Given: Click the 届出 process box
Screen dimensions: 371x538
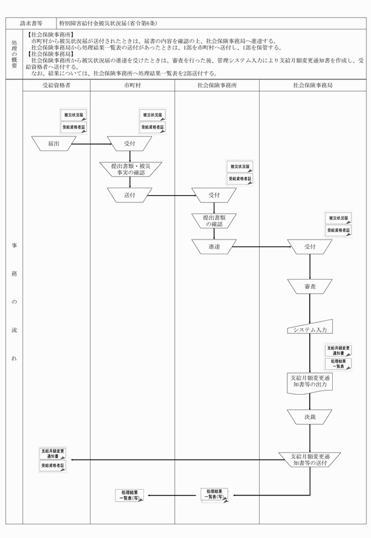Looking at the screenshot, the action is tap(54, 144).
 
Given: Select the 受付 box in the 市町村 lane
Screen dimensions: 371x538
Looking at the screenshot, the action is tap(130, 144).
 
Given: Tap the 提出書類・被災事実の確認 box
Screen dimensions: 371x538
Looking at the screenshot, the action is tap(131, 169).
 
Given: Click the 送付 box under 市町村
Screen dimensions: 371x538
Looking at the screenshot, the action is tap(130, 195).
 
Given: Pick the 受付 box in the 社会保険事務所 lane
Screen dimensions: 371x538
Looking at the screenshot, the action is tap(214, 195).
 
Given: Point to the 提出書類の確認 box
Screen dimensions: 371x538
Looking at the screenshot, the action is tap(214, 221).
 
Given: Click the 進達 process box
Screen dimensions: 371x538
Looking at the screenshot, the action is tap(214, 247).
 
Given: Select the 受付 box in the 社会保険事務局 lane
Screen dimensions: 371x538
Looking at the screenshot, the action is tap(310, 247).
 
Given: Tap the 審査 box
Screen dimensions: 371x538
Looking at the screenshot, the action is tap(310, 287).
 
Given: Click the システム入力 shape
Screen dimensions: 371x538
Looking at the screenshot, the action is tap(310, 327).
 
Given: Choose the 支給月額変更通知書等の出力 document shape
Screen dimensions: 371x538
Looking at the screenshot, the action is tap(310, 383).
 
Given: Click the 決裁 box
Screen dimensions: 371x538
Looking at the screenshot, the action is tap(310, 417).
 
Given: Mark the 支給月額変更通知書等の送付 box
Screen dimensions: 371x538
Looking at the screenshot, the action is tap(310, 460).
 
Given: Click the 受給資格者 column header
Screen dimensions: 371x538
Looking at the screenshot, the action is tap(57, 86).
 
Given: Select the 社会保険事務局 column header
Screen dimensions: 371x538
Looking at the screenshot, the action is tap(313, 86).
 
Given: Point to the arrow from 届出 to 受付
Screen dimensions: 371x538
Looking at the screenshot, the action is tap(92, 144).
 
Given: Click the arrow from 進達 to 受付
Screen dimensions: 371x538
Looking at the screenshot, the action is tap(262, 247).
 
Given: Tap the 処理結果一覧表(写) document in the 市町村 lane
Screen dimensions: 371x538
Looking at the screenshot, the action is tap(129, 496).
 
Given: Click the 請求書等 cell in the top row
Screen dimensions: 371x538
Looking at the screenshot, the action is tap(31, 24).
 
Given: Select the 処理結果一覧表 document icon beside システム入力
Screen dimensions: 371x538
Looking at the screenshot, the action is tap(338, 364).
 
